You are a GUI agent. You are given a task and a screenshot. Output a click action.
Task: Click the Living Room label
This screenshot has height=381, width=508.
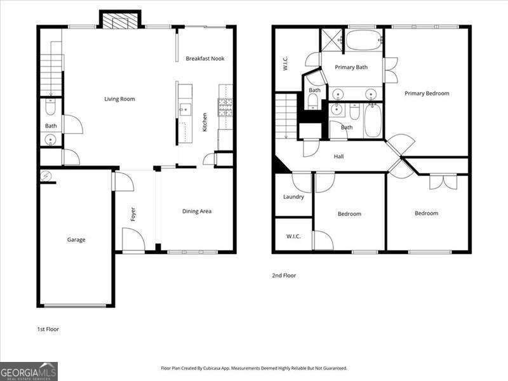click(119, 99)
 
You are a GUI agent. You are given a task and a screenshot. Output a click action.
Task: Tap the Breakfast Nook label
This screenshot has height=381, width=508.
click(204, 59)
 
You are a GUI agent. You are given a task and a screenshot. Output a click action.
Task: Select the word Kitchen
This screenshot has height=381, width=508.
click(204, 121)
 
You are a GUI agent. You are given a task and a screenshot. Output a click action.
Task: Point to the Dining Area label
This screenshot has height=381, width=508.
click(197, 211)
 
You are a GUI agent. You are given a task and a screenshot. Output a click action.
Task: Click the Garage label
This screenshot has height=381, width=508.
click(76, 240)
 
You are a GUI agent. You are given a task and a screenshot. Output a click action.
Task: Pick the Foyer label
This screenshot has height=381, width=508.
click(133, 215)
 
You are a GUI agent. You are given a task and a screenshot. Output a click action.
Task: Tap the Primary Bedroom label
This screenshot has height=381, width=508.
click(427, 93)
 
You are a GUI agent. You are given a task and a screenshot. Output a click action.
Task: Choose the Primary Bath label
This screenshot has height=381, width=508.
click(351, 67)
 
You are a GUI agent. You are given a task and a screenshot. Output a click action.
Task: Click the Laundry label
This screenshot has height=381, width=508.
click(293, 197)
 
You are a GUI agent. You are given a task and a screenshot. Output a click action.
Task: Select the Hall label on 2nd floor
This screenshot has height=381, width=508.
click(338, 156)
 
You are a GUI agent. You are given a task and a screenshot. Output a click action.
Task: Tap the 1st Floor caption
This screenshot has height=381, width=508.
click(48, 330)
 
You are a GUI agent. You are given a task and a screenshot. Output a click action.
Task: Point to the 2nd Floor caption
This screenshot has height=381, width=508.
click(283, 276)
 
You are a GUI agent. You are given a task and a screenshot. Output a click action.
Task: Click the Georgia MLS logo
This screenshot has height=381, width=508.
click(29, 371)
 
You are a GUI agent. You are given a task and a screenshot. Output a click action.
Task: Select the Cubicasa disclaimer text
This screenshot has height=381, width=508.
click(254, 368)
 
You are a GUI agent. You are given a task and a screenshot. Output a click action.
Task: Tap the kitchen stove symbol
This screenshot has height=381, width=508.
click(225, 108)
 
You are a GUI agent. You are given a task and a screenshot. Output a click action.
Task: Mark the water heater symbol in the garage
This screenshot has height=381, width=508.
click(46, 175)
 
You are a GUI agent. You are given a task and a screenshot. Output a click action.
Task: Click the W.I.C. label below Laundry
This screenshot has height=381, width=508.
click(293, 236)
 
